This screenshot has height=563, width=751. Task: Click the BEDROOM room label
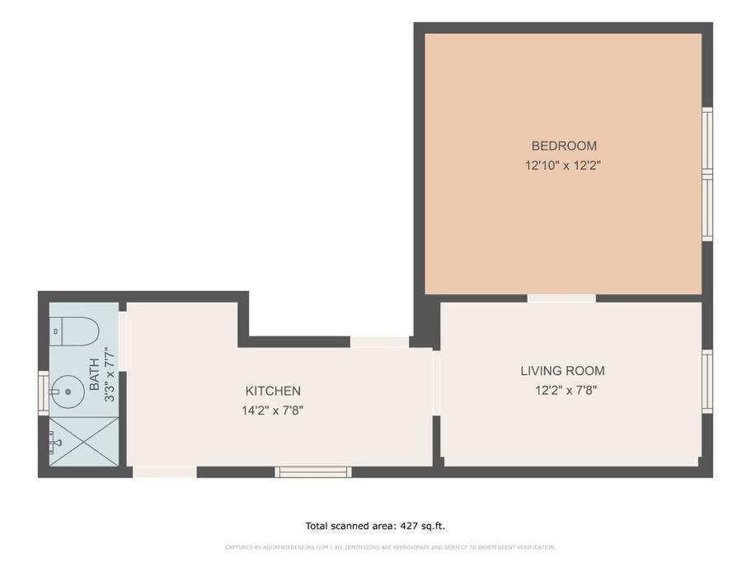pos(564,146)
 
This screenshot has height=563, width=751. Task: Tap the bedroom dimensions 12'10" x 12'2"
pos(563,166)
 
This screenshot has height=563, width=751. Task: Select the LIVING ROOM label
pos(562,371)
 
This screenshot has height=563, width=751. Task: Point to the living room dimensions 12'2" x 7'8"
pos(566,390)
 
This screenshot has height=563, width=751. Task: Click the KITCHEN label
pos(273,391)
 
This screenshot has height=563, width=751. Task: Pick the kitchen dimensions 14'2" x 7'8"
pos(273,411)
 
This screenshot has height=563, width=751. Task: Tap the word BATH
pos(94,374)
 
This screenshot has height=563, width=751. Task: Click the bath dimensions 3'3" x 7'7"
pos(110,374)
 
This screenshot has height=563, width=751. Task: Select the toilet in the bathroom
pos(74,331)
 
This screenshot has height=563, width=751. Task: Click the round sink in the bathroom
pos(68,392)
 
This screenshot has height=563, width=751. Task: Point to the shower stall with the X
pos(84,441)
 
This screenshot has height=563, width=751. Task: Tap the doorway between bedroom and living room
pos(561,298)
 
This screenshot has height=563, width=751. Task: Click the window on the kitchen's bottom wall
pos(313,472)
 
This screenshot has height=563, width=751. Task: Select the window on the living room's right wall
pos(707,381)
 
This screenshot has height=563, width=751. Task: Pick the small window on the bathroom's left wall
pos(43,392)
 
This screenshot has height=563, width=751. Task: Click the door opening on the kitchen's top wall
pos(379,342)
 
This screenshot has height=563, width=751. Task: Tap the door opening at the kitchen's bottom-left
pos(164,472)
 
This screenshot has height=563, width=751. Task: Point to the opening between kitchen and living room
pos(436,382)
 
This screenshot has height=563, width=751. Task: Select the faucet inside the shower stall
pos(55,443)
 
